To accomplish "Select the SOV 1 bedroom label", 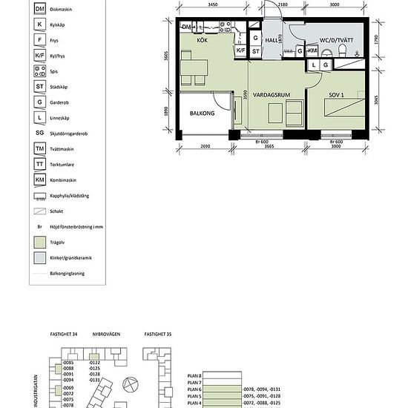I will click(x=338, y=96).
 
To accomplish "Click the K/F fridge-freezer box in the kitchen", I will click(x=240, y=51).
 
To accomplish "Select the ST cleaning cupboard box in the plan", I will click(x=255, y=51).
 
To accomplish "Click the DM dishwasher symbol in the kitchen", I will click(x=187, y=27).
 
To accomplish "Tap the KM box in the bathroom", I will click(x=312, y=51).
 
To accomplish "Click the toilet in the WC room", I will click(x=343, y=50).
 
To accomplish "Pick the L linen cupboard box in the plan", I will click(x=315, y=65).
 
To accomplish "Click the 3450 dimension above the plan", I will click(x=212, y=5).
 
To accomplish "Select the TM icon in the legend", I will click(x=39, y=148).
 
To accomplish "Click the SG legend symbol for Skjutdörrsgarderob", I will click(x=39, y=133).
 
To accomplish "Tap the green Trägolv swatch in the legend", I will click(x=39, y=242).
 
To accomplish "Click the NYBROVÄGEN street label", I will click(x=106, y=335).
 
